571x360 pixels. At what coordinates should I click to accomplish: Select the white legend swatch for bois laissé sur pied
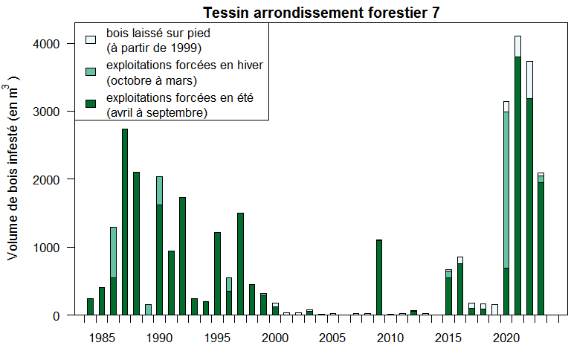[x=91, y=39]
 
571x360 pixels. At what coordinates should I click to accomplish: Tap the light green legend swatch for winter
[x=91, y=71]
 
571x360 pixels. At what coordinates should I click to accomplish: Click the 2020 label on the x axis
[x=506, y=338]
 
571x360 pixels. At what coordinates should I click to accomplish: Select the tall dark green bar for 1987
[x=125, y=223]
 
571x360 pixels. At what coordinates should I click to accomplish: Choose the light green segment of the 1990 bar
[x=160, y=190]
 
